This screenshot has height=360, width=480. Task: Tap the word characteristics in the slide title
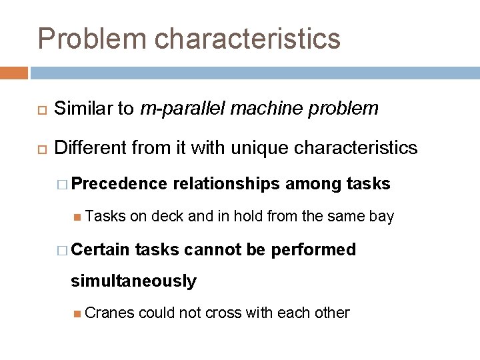click(247, 39)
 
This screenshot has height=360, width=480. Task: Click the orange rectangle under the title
click(14, 73)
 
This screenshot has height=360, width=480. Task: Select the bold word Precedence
click(119, 183)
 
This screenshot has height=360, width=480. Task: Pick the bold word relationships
click(227, 183)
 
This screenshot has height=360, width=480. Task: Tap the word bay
click(382, 216)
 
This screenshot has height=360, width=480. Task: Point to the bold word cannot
click(208, 249)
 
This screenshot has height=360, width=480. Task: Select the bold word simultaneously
click(134, 281)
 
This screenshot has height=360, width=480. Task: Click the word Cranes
click(109, 313)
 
